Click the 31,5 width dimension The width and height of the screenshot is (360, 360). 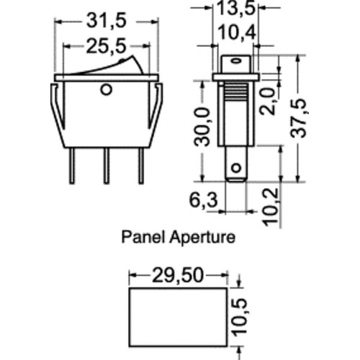(107, 22)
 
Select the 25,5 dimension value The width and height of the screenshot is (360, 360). (106, 47)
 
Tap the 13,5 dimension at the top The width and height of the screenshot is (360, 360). (235, 9)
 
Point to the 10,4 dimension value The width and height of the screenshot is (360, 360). (237, 32)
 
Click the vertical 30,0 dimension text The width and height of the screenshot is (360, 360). (202, 127)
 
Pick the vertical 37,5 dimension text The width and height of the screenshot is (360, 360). (298, 118)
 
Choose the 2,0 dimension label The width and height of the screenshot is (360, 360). (269, 102)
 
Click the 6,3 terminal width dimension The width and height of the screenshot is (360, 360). (204, 200)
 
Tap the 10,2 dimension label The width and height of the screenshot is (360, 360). (271, 207)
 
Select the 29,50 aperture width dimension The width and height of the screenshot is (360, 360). (178, 275)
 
